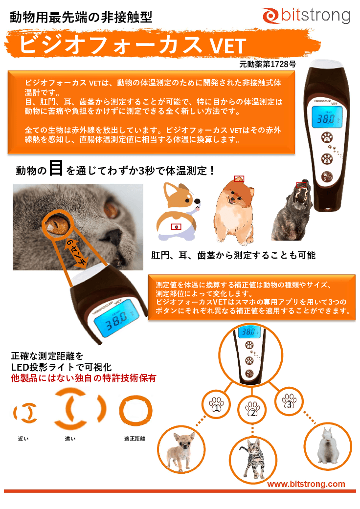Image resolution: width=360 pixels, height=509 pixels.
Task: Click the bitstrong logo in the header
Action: coord(306,16)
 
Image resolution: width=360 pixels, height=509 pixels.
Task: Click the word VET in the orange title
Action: coord(227,46)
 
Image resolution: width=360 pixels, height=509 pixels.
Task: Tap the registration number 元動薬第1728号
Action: coord(268,64)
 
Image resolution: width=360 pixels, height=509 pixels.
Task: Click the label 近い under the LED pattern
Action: coord(23,439)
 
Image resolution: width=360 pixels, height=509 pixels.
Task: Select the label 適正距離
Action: coord(134,439)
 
